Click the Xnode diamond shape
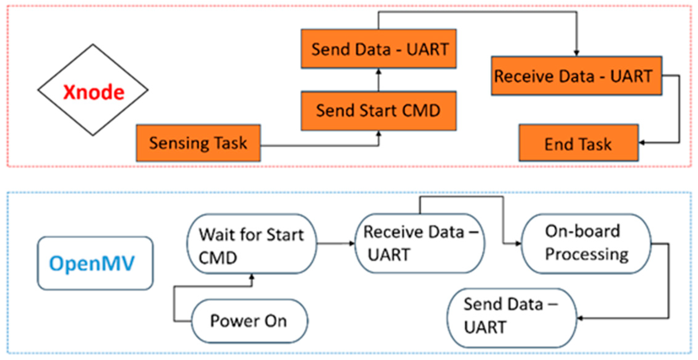(93, 90)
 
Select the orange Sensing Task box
(199, 143)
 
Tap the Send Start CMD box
(378, 111)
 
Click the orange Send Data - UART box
(378, 49)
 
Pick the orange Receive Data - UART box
(576, 76)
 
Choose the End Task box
(578, 143)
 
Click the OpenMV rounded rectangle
(95, 263)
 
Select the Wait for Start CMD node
(252, 244)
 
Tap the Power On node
(249, 321)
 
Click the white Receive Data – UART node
(419, 243)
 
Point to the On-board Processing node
(586, 243)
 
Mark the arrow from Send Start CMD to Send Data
(378, 80)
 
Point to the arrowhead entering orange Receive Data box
(576, 53)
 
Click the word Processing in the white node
(586, 255)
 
